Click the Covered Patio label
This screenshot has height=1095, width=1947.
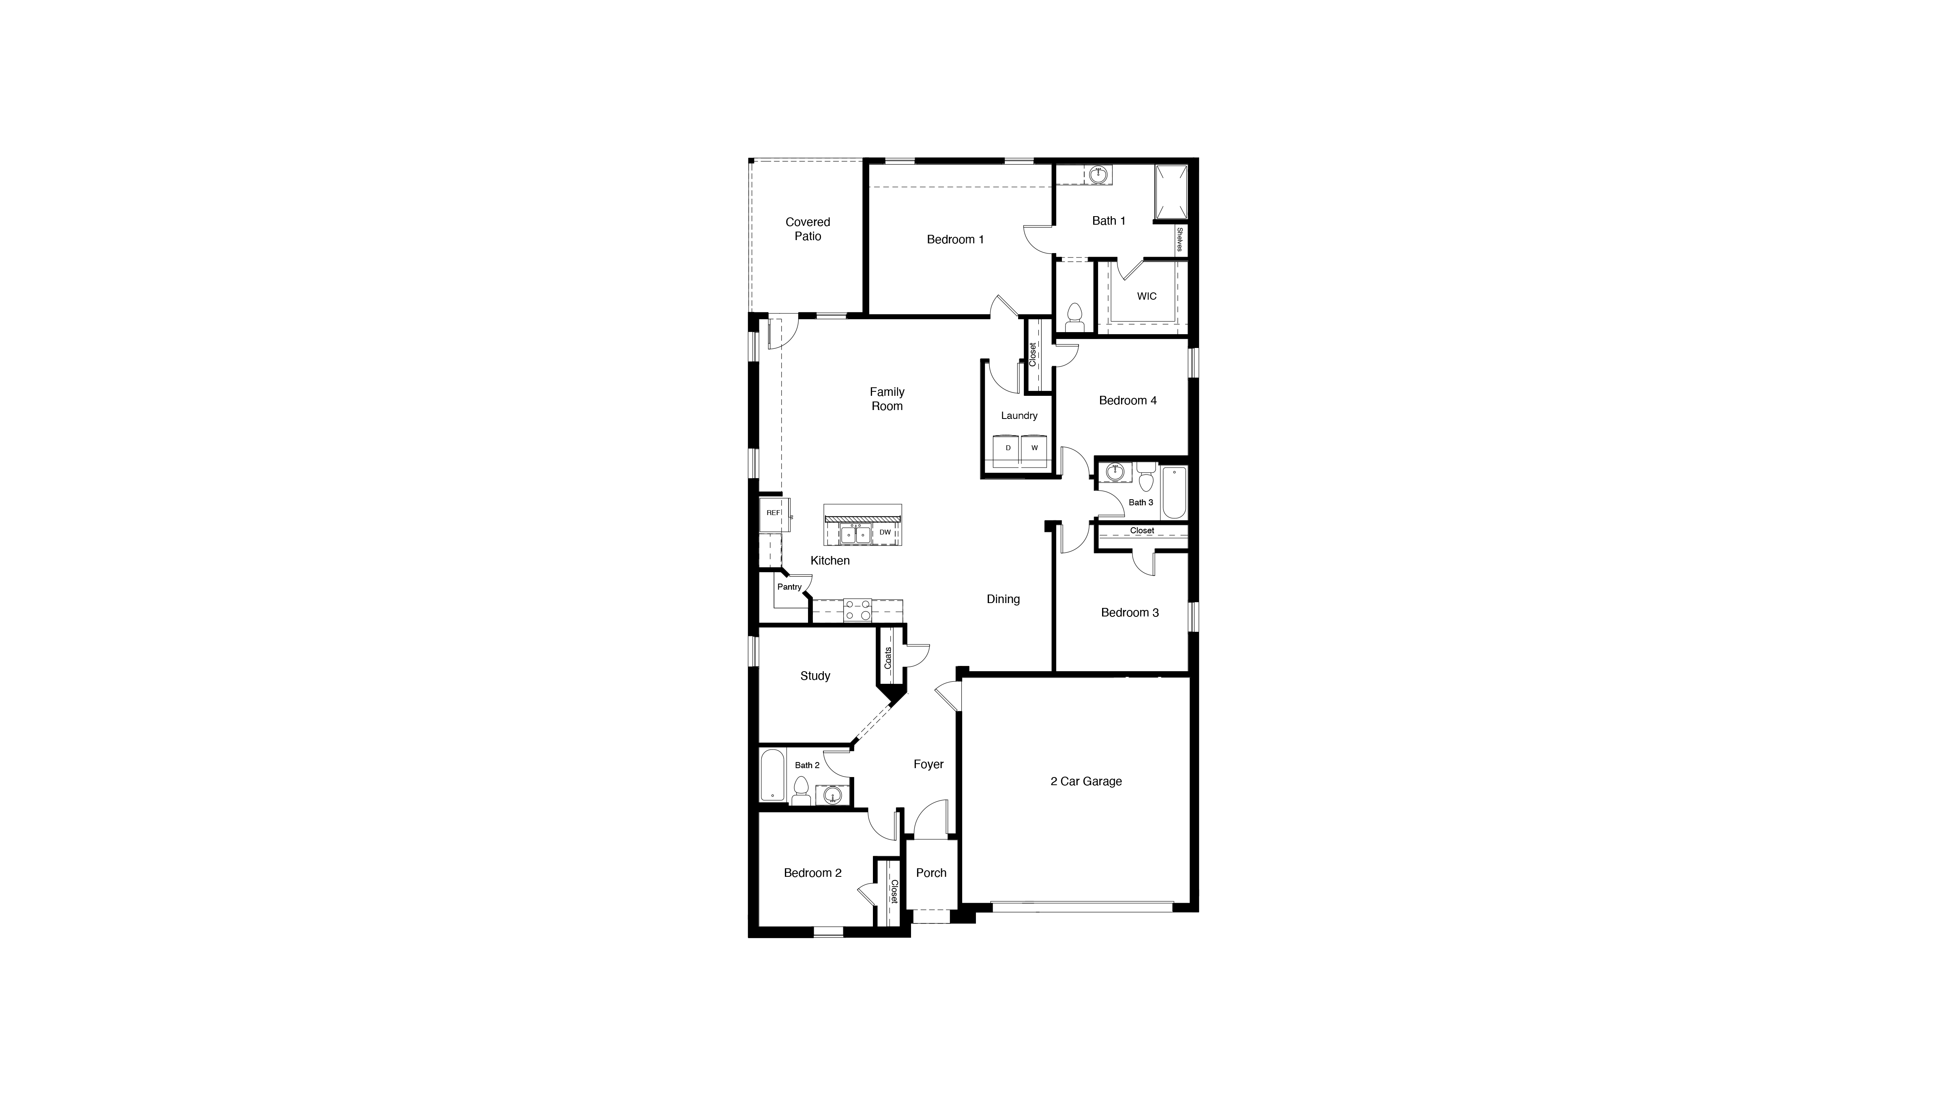807,229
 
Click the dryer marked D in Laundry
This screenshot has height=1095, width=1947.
1008,448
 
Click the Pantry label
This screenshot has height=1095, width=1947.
789,587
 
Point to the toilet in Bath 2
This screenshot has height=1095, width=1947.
801,791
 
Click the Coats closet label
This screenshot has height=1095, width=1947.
888,657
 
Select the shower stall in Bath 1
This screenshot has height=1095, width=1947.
1170,191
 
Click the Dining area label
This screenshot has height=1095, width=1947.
1003,599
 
